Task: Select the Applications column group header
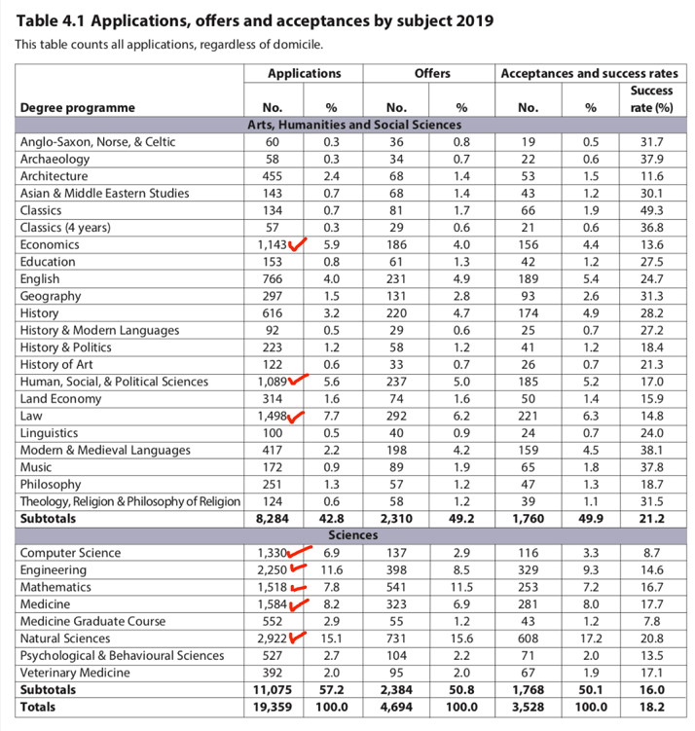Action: (305, 73)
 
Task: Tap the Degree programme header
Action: (77, 108)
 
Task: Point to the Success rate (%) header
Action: (650, 99)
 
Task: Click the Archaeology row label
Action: (55, 159)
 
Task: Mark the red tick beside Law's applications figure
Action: (298, 417)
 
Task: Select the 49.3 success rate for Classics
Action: (650, 210)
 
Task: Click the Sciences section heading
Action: (352, 535)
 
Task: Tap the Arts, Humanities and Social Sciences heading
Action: (352, 125)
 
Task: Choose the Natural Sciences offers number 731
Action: (396, 638)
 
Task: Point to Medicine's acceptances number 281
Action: (528, 603)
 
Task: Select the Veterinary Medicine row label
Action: (76, 672)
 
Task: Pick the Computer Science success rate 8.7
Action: (650, 553)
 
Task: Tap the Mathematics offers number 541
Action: (396, 587)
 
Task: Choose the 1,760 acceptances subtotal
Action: (528, 519)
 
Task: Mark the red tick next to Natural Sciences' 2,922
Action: (298, 638)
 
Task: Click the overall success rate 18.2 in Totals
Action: (650, 707)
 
